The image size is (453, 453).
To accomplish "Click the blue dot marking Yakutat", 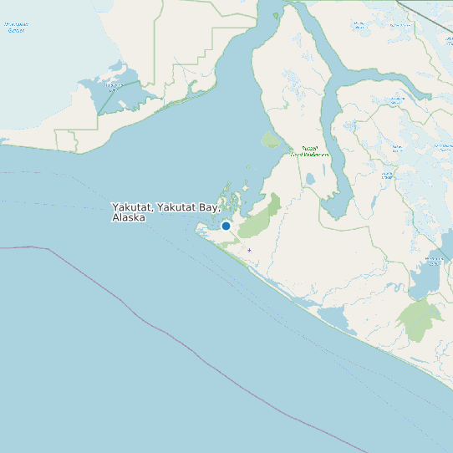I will [x=226, y=226].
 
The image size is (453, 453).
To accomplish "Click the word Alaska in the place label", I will [x=129, y=218].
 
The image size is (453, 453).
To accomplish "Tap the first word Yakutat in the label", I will [x=131, y=206].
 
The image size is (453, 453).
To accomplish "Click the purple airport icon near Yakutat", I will [x=249, y=250].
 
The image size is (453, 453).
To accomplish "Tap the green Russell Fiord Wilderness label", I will [x=309, y=151].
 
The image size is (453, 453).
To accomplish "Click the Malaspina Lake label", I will [x=112, y=85].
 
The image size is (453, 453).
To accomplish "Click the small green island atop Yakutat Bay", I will [x=275, y=15].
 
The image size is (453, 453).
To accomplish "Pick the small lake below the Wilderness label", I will [x=309, y=178].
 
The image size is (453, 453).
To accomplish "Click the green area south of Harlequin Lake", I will [x=420, y=319].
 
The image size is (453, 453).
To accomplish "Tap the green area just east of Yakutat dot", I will [x=259, y=217].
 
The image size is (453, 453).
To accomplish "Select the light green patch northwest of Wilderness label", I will [x=271, y=140].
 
